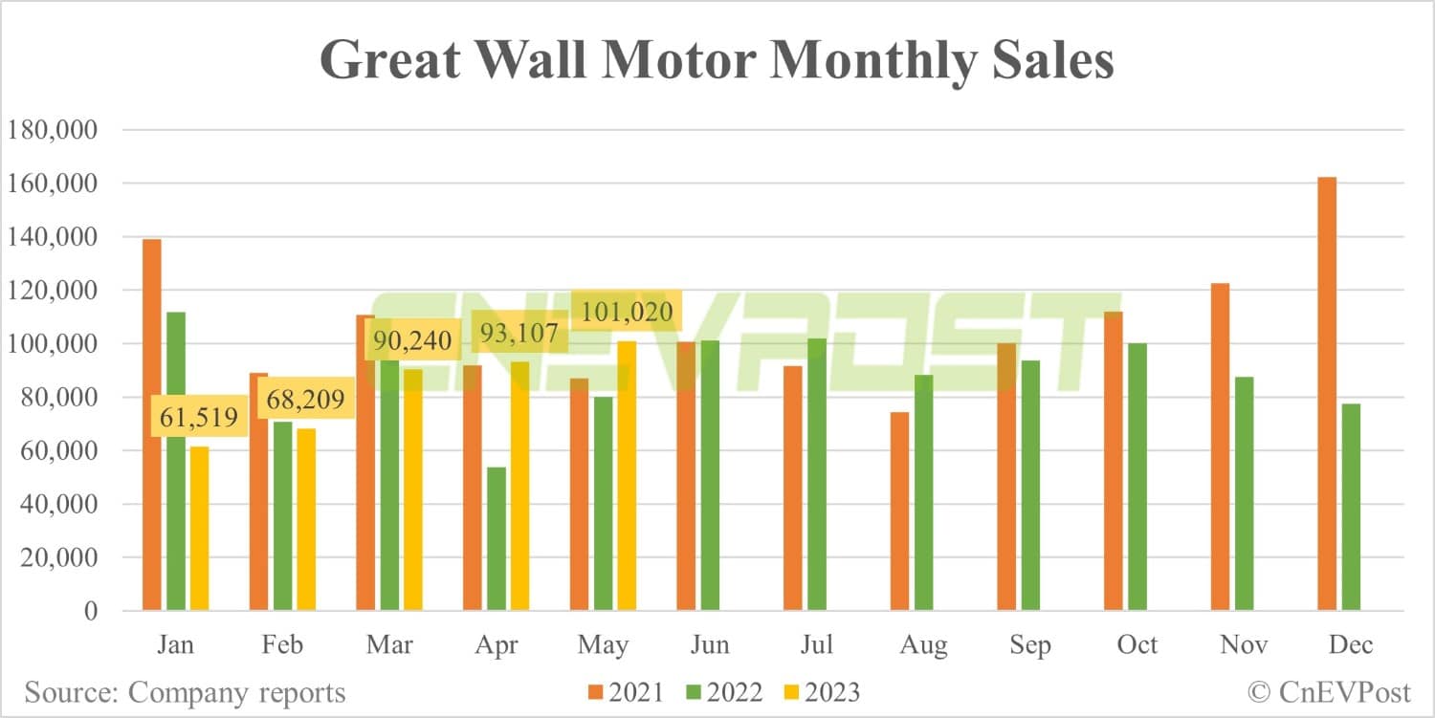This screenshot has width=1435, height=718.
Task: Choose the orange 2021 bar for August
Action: click(x=899, y=511)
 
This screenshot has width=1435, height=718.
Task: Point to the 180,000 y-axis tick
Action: click(x=52, y=130)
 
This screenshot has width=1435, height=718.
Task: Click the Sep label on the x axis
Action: click(x=1028, y=644)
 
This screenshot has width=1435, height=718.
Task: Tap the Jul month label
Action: click(x=815, y=644)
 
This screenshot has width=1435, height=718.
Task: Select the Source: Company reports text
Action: click(x=186, y=691)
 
